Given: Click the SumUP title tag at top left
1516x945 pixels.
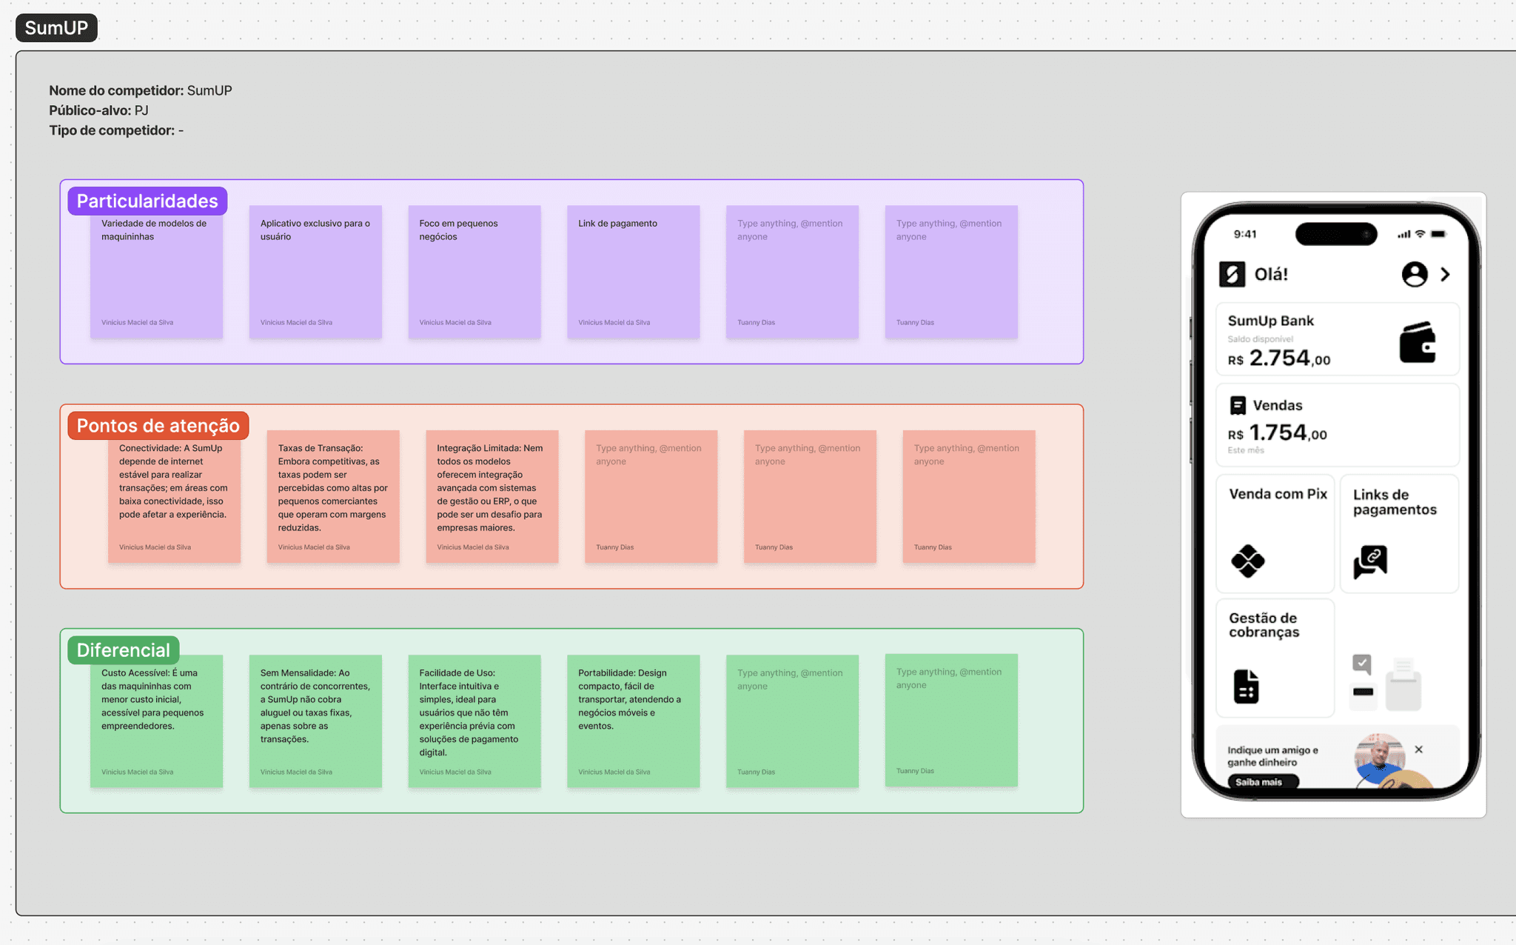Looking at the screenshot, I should pyautogui.click(x=56, y=28).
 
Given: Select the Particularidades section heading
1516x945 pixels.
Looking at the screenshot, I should pyautogui.click(x=147, y=201).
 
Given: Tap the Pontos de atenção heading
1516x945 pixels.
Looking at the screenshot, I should pyautogui.click(x=158, y=425).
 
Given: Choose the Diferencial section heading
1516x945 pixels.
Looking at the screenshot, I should pyautogui.click(x=123, y=650).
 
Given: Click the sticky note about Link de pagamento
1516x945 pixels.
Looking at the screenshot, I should pyautogui.click(x=633, y=272).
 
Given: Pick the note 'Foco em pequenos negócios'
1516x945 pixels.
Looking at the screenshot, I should pyautogui.click(x=474, y=272).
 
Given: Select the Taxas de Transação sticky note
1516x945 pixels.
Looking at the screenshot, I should pyautogui.click(x=332, y=496).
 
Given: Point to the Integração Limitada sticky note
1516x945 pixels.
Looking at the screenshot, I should pyautogui.click(x=492, y=496).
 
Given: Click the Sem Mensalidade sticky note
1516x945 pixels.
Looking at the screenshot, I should pyautogui.click(x=315, y=721).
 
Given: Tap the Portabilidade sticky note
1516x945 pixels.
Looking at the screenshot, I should pyautogui.click(x=633, y=721).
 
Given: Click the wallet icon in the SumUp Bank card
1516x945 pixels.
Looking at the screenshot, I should pyautogui.click(x=1417, y=342).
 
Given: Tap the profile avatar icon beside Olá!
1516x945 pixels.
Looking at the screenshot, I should pyautogui.click(x=1414, y=274).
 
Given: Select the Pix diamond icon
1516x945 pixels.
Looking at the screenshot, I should pyautogui.click(x=1248, y=561).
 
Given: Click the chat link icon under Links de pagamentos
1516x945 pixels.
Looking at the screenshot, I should pyautogui.click(x=1370, y=561).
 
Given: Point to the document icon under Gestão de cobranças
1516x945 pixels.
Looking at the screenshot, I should pyautogui.click(x=1246, y=686).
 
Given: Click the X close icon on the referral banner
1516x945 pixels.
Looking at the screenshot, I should pyautogui.click(x=1418, y=749).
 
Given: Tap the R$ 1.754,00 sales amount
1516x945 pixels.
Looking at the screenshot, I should pyautogui.click(x=1278, y=433).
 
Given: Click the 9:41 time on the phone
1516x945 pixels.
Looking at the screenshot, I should pyautogui.click(x=1245, y=234).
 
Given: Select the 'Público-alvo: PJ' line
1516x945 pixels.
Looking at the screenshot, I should pyautogui.click(x=98, y=110).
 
